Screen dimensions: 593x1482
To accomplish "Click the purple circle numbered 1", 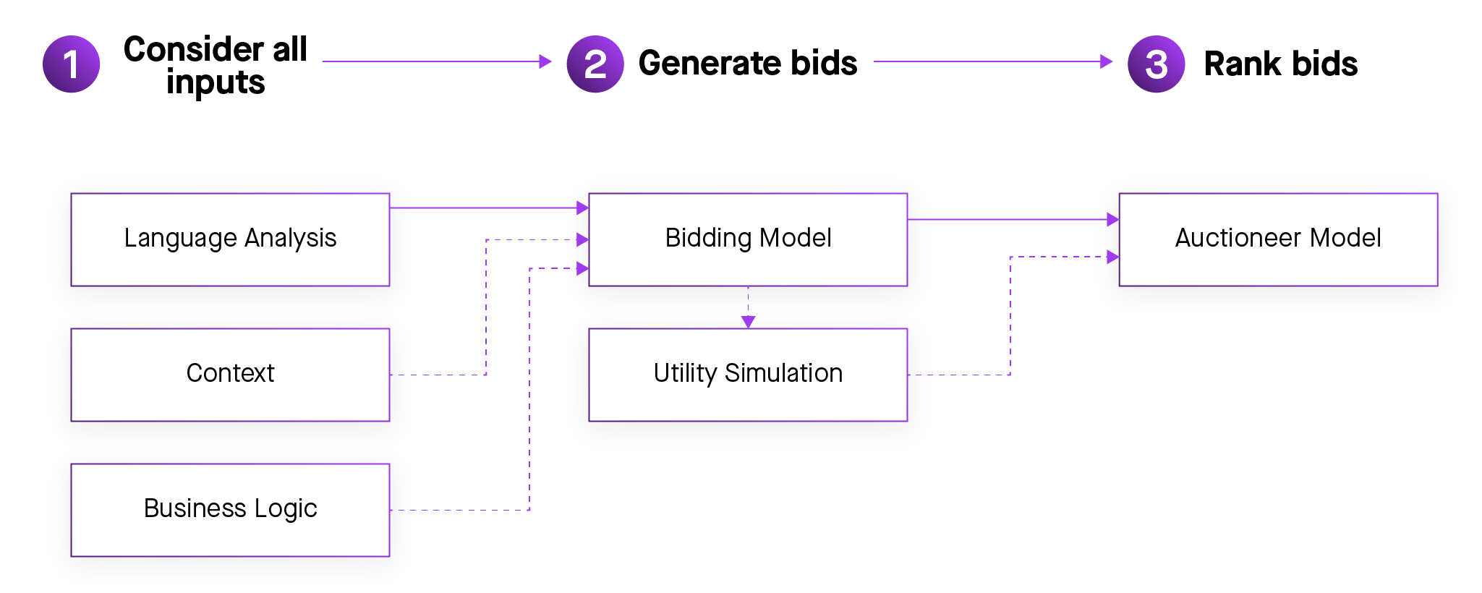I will [x=71, y=64].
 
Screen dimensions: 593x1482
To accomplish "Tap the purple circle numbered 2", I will [x=595, y=64].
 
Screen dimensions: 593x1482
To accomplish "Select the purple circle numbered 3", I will [x=1156, y=64].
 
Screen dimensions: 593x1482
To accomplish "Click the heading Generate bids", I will [x=748, y=64].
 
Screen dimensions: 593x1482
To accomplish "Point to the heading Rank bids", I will [x=1280, y=64].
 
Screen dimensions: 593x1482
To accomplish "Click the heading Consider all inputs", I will [x=216, y=65].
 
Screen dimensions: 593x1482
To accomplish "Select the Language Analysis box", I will [x=230, y=239].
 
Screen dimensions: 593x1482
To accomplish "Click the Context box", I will [x=230, y=375].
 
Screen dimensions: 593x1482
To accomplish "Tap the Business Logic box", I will [x=230, y=510].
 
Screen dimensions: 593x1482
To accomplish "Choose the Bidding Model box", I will [x=748, y=239].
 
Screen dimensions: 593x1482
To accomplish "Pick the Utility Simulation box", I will [x=748, y=375].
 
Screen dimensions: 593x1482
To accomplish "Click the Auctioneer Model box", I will [x=1278, y=239].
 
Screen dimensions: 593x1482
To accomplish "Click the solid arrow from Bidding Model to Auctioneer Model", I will [x=1013, y=219].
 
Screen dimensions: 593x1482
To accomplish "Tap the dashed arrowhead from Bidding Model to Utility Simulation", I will [x=748, y=322].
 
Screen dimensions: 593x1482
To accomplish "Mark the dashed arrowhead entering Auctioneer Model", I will [x=1112, y=257].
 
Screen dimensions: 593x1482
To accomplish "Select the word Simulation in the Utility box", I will [x=783, y=374].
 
